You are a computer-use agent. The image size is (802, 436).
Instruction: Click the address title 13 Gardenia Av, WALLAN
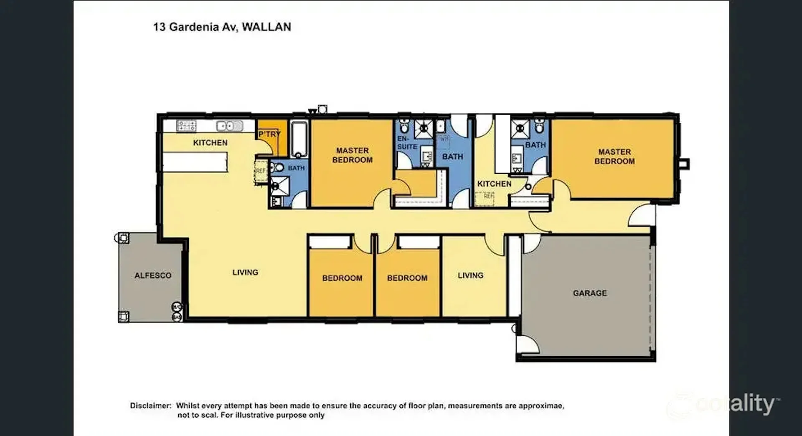[x=222, y=27]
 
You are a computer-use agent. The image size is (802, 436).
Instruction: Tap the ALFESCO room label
[x=153, y=275]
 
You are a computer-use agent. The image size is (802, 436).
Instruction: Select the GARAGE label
[x=589, y=293]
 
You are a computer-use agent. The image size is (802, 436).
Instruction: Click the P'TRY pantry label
[x=269, y=134]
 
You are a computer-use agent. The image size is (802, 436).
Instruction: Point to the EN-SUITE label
[x=407, y=143]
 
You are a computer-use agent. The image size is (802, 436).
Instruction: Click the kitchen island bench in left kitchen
[x=195, y=162]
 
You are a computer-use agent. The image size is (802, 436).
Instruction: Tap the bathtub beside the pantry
[x=298, y=139]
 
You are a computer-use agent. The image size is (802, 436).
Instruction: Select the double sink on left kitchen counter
[x=229, y=126]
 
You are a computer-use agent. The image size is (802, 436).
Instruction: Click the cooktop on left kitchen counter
[x=186, y=126]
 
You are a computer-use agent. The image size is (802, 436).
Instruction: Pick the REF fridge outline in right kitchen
[x=485, y=198]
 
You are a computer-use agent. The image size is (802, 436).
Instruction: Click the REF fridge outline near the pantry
[x=261, y=171]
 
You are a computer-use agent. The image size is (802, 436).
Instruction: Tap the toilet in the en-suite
[x=404, y=125]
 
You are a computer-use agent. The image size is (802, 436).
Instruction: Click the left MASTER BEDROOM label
[x=352, y=155]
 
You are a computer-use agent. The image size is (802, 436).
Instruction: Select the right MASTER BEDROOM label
[x=614, y=156]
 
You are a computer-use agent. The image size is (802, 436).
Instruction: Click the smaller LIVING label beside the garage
[x=470, y=275]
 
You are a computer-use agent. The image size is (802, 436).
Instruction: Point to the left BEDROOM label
[x=342, y=278]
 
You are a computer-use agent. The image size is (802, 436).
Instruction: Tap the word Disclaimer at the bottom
[x=150, y=405]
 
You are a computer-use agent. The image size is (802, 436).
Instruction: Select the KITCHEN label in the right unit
[x=494, y=184]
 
